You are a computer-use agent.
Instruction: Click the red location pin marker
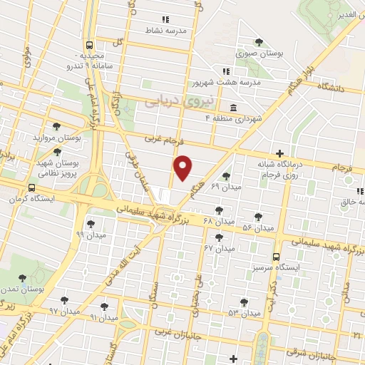point(184,168)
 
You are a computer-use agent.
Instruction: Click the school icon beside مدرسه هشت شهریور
point(226,71)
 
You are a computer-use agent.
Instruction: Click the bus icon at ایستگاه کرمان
point(31,188)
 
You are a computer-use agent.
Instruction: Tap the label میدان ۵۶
point(257,227)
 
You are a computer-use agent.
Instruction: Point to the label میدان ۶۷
point(219,247)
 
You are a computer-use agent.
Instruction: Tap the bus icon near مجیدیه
point(89,43)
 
